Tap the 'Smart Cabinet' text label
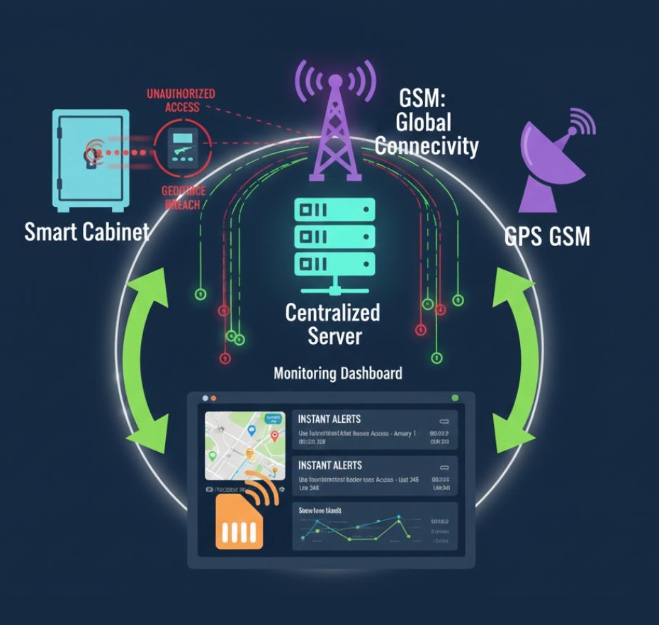[86, 232]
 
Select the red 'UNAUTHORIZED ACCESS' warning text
[181, 100]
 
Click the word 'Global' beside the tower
[423, 123]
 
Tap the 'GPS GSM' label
[547, 236]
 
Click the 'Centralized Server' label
[332, 323]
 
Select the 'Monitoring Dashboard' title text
[338, 373]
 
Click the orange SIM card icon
[240, 521]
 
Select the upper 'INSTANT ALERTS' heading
[329, 419]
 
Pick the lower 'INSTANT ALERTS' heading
[329, 465]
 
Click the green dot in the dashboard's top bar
[455, 398]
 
